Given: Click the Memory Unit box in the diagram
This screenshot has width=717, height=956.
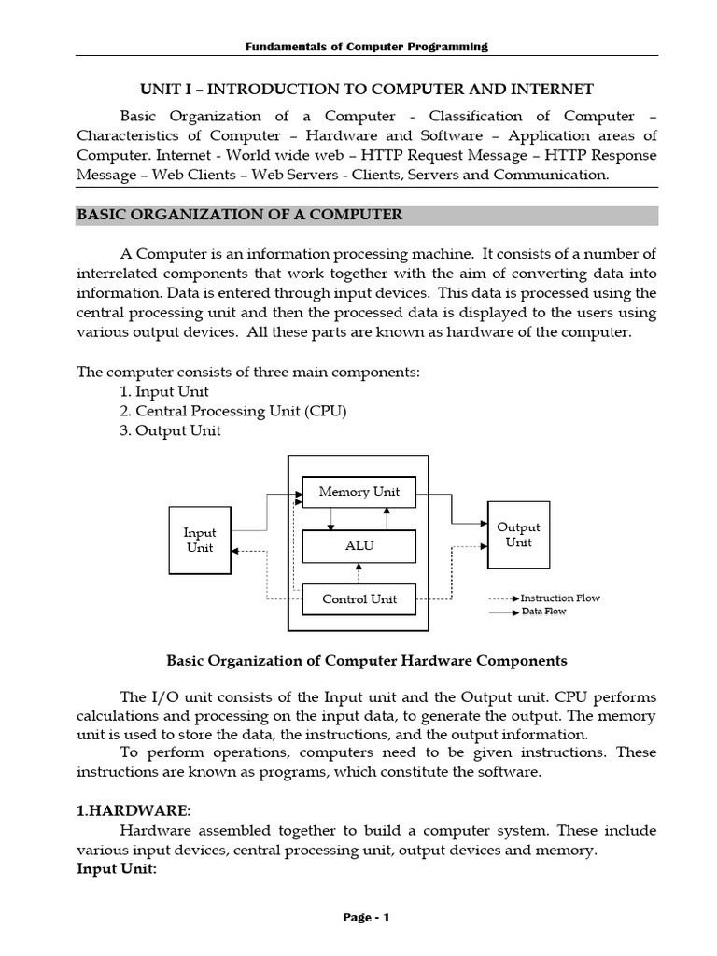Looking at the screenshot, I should pyautogui.click(x=359, y=492).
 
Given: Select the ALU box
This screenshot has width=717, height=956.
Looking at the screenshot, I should pyautogui.click(x=359, y=546).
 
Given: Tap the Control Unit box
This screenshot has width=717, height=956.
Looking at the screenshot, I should pyautogui.click(x=359, y=599).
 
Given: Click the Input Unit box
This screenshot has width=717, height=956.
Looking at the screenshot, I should pyautogui.click(x=200, y=541).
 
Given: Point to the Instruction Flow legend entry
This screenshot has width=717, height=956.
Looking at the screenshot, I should pyautogui.click(x=559, y=597).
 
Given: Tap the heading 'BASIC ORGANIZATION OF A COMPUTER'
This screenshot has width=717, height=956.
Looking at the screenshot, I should pyautogui.click(x=239, y=215).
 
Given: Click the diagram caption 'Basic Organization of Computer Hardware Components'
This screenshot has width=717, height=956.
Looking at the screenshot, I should pyautogui.click(x=366, y=661).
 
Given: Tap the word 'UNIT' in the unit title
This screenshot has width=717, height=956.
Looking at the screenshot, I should pyautogui.click(x=159, y=90).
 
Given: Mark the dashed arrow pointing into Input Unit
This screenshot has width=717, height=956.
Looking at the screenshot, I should pyautogui.click(x=250, y=551).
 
